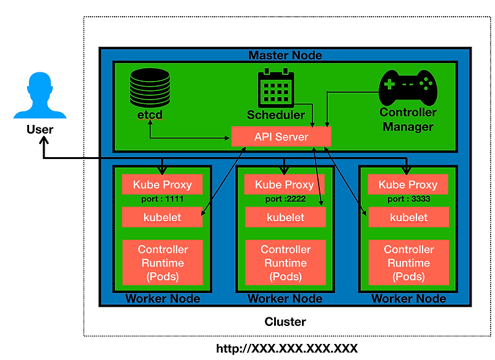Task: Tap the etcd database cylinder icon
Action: (x=150, y=88)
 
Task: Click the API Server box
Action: (x=281, y=136)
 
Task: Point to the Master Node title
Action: (x=285, y=55)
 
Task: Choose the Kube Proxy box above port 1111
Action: (x=162, y=184)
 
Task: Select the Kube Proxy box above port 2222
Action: (x=285, y=184)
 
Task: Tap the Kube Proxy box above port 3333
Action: (x=408, y=184)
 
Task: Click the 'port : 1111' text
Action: (x=162, y=200)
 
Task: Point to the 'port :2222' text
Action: (x=285, y=200)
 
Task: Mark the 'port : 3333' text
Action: (x=408, y=200)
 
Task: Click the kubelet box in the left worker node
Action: (x=162, y=217)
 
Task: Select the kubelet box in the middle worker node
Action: (x=285, y=217)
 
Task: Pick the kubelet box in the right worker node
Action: (x=408, y=217)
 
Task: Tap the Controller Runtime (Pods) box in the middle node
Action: (x=285, y=263)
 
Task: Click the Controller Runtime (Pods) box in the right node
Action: (x=408, y=263)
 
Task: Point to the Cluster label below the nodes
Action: (x=285, y=322)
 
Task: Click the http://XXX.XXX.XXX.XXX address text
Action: (x=286, y=348)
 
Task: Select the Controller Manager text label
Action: (x=408, y=119)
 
